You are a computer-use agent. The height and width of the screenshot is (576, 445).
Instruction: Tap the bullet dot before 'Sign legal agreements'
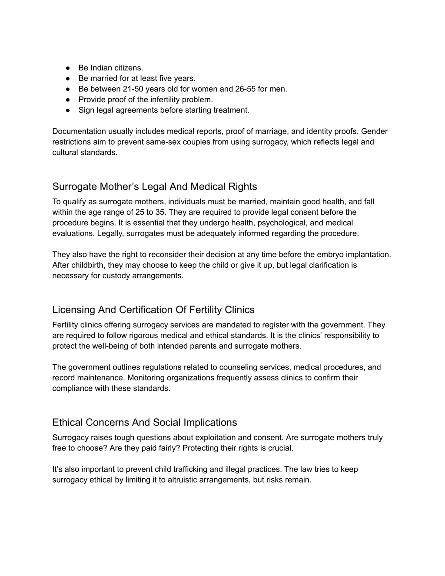click(68, 111)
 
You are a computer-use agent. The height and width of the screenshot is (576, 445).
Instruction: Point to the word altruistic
click(182, 480)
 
